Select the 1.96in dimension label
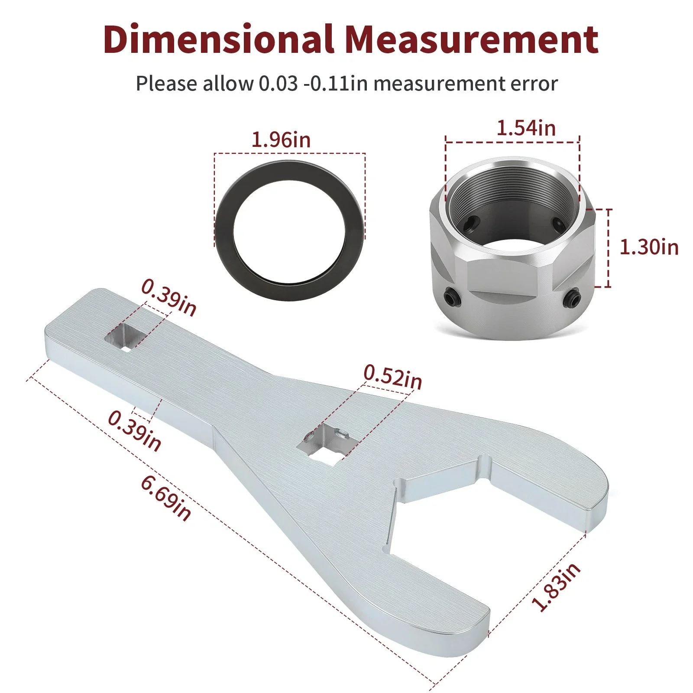point(281,140)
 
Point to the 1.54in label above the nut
point(526,128)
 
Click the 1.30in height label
point(649,247)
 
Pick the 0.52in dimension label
point(392,377)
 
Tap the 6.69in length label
point(166,498)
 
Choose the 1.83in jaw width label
point(556,587)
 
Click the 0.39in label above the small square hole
point(169,298)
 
